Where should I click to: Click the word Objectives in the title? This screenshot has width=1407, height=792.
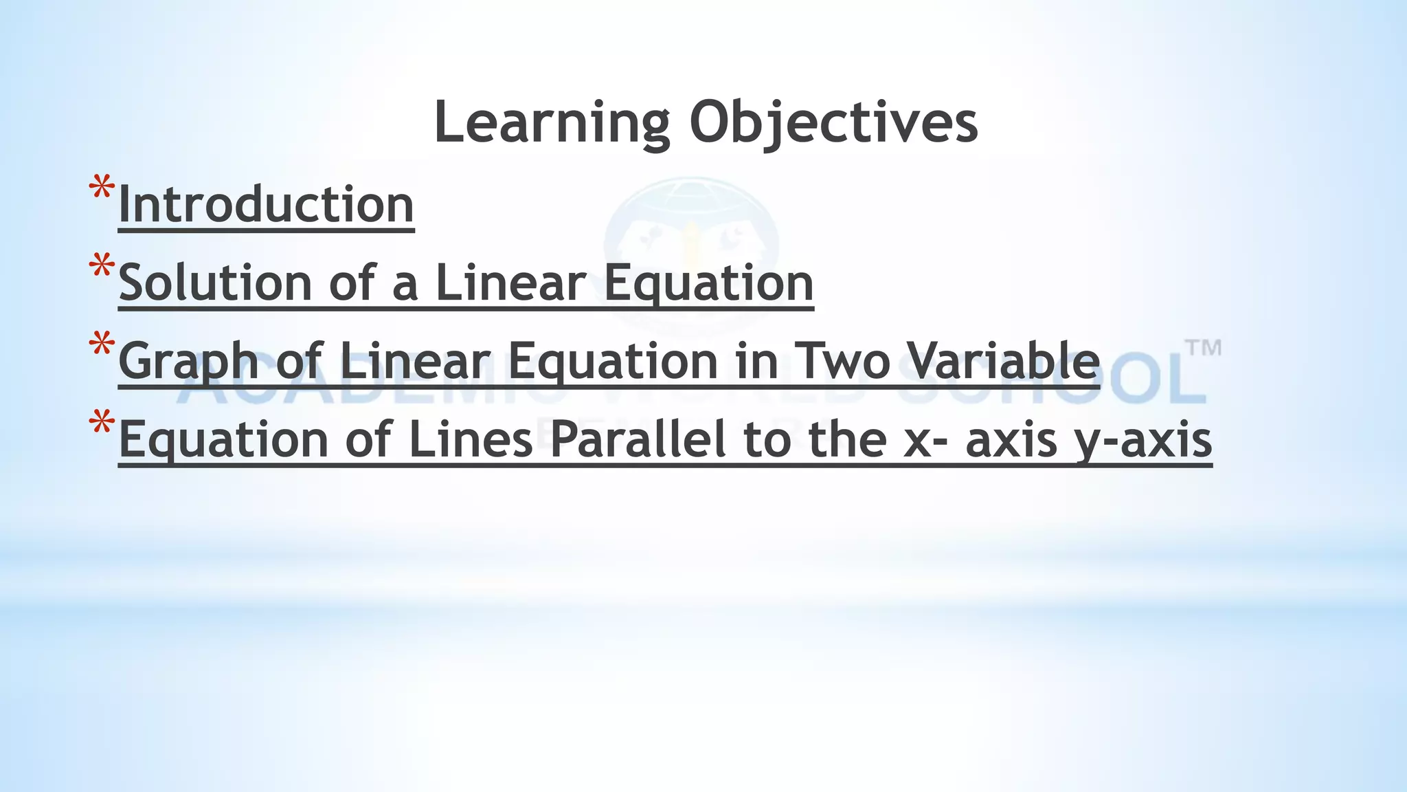833,124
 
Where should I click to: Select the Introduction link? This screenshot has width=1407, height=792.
266,205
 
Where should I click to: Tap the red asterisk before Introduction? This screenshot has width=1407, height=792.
101,189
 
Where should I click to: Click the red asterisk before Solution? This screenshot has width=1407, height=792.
101,267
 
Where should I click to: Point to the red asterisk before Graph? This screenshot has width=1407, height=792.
101,345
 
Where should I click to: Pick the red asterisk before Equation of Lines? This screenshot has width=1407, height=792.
101,423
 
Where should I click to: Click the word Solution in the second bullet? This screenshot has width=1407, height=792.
215,283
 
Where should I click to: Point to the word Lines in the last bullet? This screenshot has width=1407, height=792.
471,439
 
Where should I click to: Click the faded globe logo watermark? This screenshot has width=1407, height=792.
690,237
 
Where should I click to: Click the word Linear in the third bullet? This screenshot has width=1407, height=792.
415,361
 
